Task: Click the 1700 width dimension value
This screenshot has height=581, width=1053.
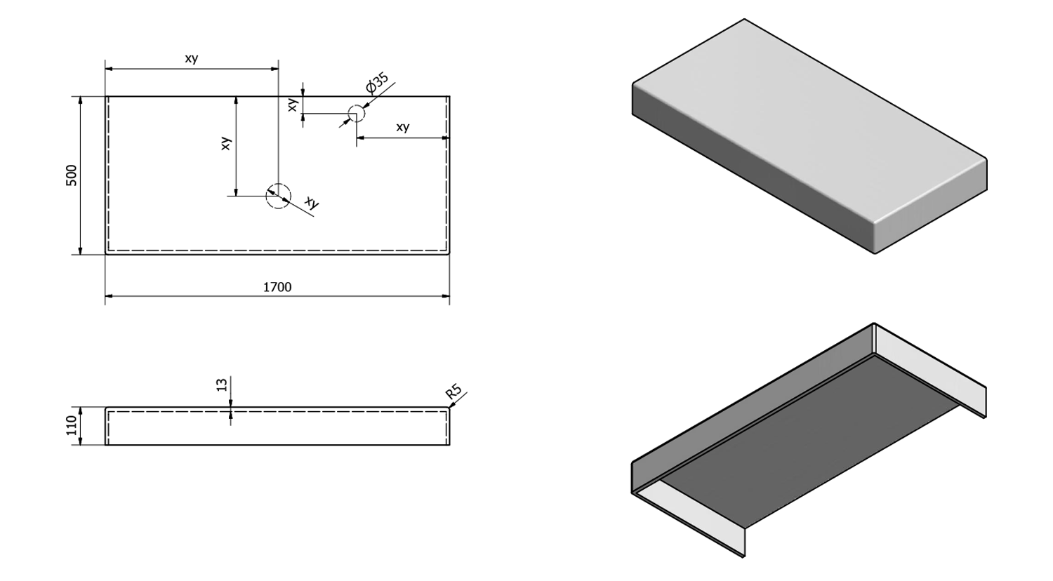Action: (277, 287)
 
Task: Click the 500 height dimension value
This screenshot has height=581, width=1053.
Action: (72, 175)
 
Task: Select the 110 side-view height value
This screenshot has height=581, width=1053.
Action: (72, 425)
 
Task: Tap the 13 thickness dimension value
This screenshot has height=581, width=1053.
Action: (223, 385)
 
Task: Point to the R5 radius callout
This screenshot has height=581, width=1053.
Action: (453, 393)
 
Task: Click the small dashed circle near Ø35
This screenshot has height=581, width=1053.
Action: (357, 114)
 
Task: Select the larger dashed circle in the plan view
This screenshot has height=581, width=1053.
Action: (278, 196)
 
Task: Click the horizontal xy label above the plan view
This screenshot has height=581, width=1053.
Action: (192, 59)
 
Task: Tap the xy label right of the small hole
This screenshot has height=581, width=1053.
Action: (402, 127)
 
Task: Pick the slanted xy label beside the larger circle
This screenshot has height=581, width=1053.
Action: (312, 203)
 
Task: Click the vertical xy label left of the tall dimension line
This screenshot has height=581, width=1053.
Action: (225, 143)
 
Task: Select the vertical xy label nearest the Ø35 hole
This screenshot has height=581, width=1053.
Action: (293, 104)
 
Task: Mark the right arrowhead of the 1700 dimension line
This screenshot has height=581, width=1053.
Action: (446, 296)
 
